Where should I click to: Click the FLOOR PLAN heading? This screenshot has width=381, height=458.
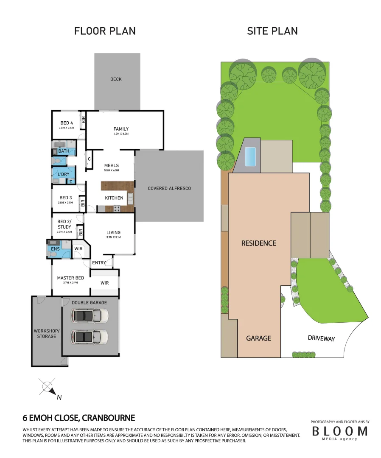tap(105, 31)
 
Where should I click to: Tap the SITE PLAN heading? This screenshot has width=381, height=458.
tap(272, 31)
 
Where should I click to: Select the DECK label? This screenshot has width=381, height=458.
tap(116, 79)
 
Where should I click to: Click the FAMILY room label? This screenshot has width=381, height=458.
tap(121, 129)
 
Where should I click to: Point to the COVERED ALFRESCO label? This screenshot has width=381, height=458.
tap(169, 188)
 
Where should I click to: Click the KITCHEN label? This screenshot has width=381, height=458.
tap(114, 198)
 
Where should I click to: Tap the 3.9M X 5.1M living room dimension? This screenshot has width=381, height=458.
tap(113, 237)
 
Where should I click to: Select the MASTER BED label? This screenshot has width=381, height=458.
tap(70, 278)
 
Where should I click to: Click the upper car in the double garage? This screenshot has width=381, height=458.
tap(90, 316)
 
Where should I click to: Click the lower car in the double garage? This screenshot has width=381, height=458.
tap(90, 337)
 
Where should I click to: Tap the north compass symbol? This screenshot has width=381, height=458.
tap(48, 387)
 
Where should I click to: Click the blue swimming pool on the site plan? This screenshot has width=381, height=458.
tap(251, 156)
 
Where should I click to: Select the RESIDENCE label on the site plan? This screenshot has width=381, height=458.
tap(258, 243)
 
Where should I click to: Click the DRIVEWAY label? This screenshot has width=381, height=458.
tap(321, 338)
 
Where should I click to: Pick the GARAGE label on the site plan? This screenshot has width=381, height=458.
tap(258, 338)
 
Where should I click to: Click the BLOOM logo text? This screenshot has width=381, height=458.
tap(340, 431)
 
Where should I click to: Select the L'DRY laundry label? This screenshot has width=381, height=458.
tap(64, 174)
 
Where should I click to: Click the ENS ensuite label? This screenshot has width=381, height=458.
tap(55, 249)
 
